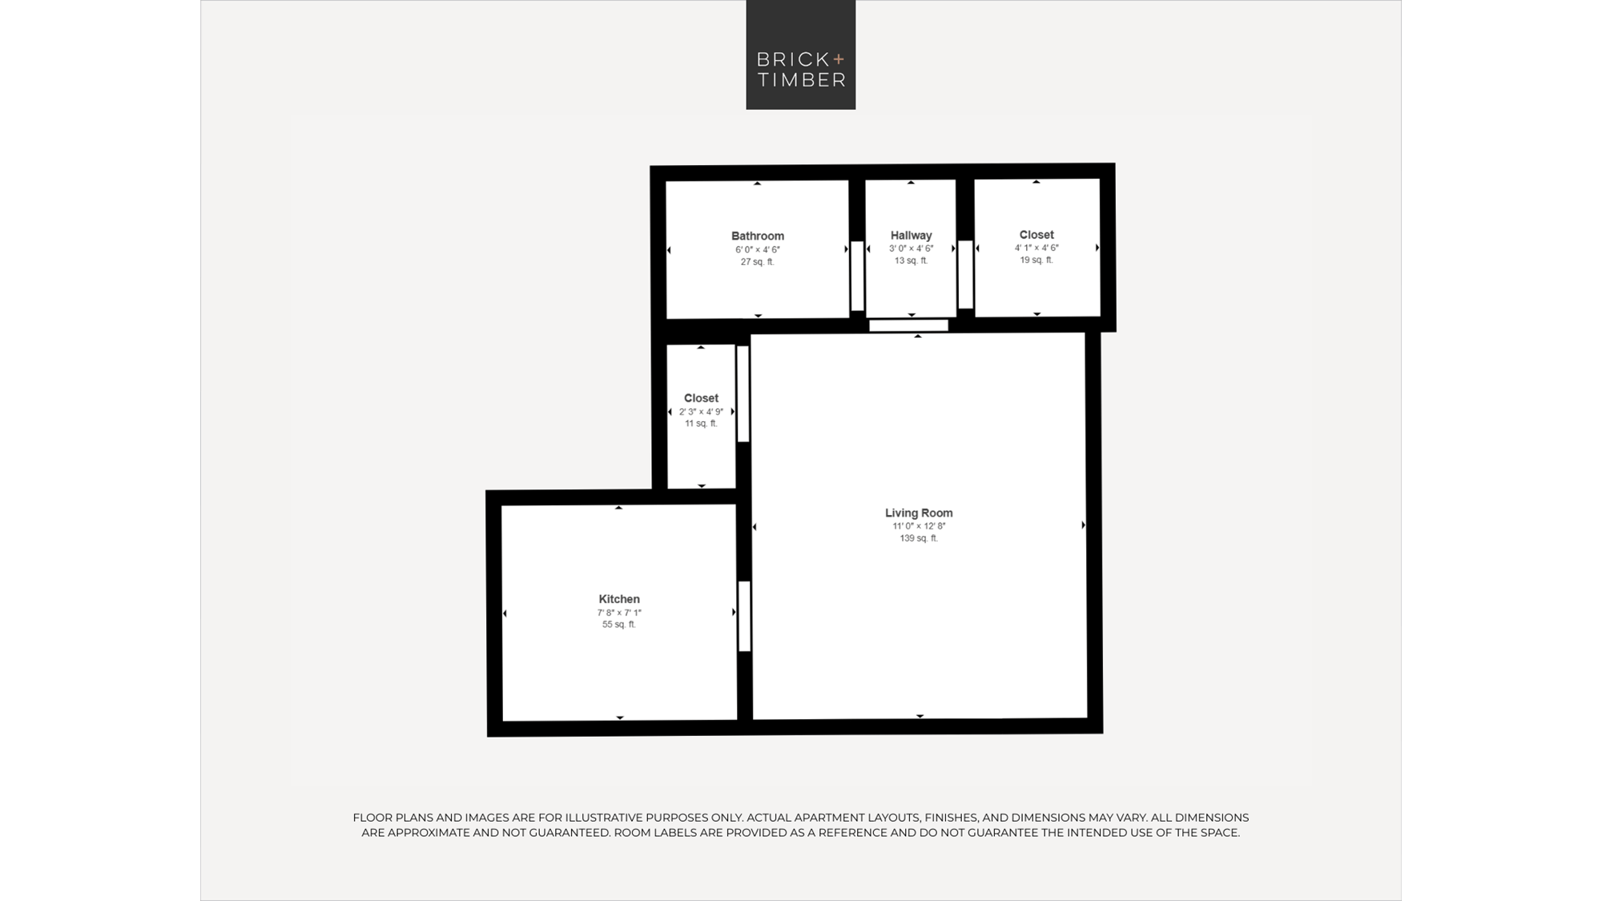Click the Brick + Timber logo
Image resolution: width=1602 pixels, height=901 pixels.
tap(801, 54)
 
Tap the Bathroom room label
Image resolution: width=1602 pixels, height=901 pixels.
tap(758, 236)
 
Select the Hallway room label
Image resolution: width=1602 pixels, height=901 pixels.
tap(912, 235)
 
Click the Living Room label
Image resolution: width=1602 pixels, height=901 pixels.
tap(919, 513)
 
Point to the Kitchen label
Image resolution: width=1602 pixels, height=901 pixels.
tap(619, 599)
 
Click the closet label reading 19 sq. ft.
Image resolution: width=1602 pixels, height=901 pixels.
tap(1036, 235)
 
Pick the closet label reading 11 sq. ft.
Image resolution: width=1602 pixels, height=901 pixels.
tap(701, 398)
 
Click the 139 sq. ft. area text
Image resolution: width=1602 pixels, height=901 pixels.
tap(919, 538)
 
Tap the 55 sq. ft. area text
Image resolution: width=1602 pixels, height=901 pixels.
tap(619, 625)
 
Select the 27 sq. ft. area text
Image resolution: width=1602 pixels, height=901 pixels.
tap(758, 262)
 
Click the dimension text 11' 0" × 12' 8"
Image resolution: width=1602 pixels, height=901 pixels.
tap(920, 526)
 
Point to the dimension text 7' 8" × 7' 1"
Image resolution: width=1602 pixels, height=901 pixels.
tap(619, 613)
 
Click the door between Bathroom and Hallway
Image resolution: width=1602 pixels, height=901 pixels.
tap(857, 276)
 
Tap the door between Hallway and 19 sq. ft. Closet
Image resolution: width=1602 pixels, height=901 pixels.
tap(965, 275)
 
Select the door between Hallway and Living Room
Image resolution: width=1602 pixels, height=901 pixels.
tap(908, 325)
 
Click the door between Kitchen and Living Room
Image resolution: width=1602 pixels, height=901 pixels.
tap(744, 616)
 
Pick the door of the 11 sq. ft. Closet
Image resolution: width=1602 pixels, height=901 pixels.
tap(743, 393)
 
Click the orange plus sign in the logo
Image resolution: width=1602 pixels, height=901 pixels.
tap(839, 58)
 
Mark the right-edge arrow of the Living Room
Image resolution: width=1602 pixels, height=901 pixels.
tap(1083, 525)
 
